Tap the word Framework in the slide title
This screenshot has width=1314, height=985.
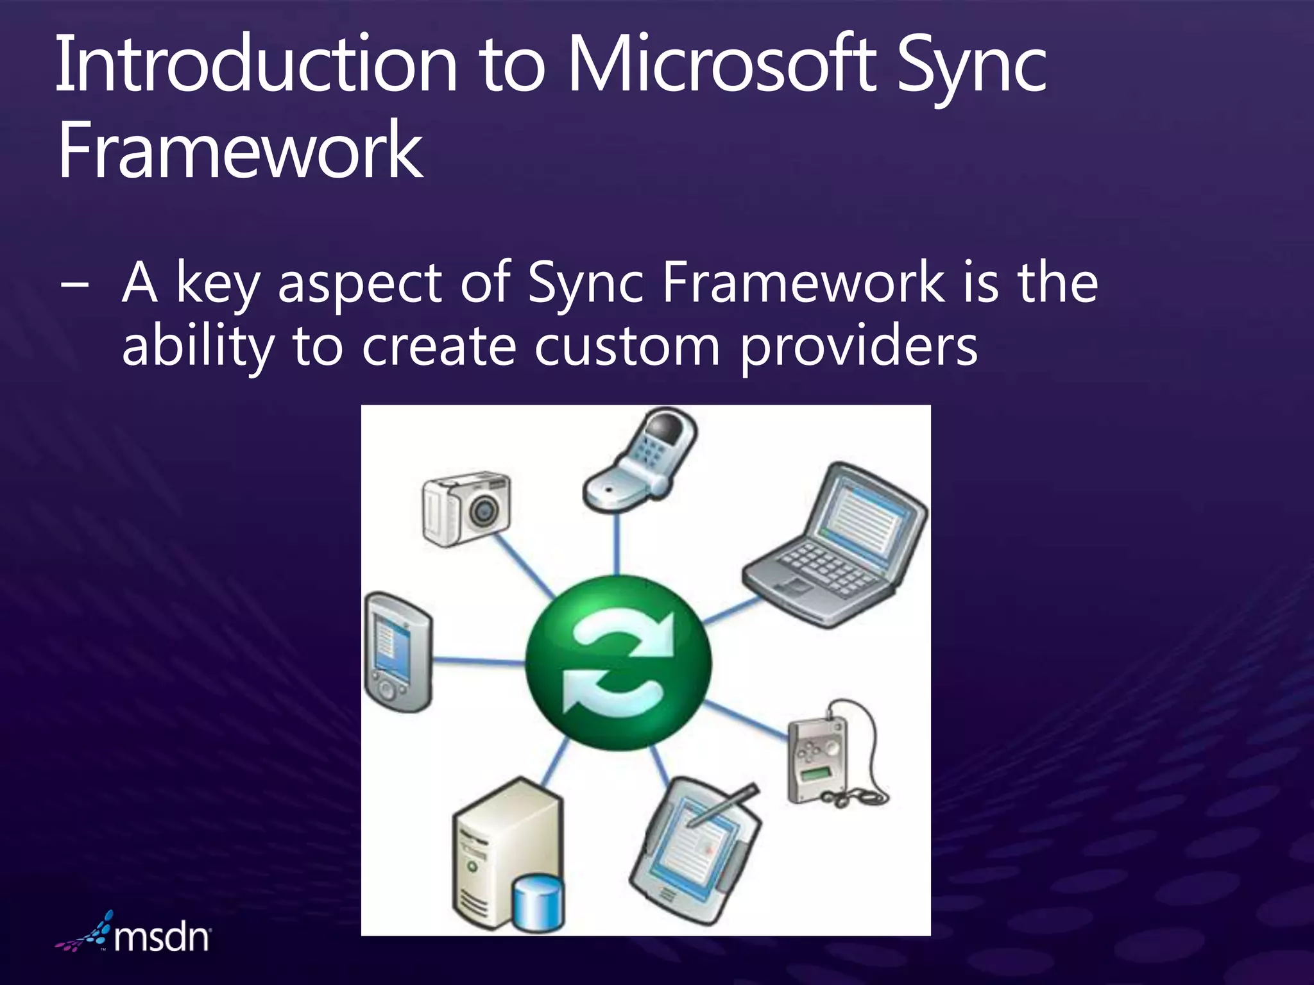tap(240, 151)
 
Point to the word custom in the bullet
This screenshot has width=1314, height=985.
tap(627, 347)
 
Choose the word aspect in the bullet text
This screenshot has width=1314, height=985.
tap(360, 284)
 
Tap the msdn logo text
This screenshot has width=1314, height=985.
tap(162, 938)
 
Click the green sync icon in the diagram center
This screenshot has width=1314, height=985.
tap(618, 663)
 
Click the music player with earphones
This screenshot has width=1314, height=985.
tap(828, 757)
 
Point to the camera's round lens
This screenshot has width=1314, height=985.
tap(482, 511)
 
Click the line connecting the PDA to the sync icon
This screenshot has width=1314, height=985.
tap(478, 661)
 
